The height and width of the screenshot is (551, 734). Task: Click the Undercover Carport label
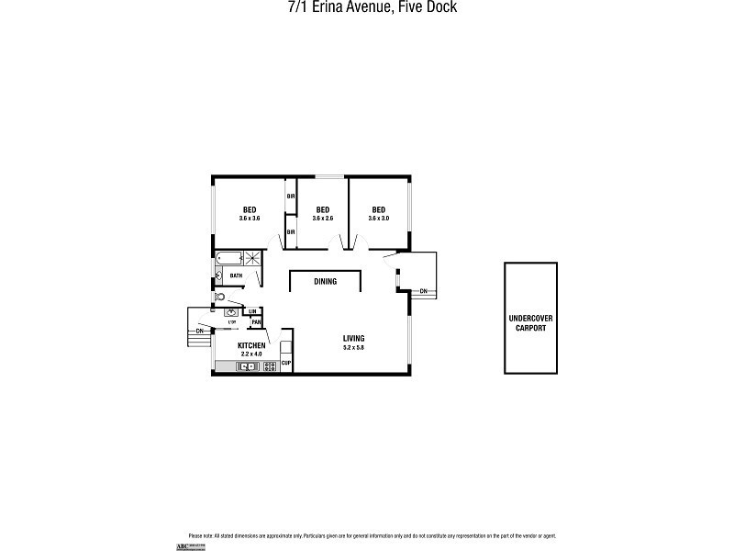point(531,323)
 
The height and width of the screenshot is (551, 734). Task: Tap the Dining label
point(325,282)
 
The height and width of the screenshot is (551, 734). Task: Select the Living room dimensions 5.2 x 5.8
point(354,348)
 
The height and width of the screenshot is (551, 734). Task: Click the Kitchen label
point(251,345)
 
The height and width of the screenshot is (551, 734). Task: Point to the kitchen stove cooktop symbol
point(270,366)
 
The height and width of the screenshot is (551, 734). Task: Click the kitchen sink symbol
point(246,366)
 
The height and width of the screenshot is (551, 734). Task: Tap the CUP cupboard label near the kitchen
point(286,365)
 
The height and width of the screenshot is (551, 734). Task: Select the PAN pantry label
point(257,322)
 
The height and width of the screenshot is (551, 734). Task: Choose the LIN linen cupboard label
point(251,312)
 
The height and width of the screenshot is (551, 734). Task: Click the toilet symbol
point(220,298)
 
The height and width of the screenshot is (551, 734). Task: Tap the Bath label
point(236,275)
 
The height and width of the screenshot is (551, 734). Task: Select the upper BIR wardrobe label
point(290,197)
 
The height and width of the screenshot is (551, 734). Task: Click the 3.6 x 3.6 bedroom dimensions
point(250,219)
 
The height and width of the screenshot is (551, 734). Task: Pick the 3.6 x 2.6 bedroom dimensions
point(323,219)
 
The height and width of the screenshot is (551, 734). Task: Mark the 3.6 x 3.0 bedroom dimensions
point(379,219)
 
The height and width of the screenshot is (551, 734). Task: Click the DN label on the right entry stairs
point(423,291)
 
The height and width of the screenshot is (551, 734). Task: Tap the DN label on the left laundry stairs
point(199,331)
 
